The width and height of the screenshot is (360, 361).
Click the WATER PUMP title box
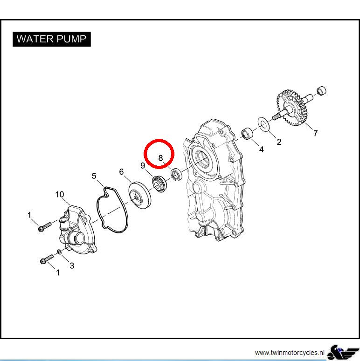pyautogui.click(x=52, y=39)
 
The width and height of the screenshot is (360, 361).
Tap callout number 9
pyautogui.click(x=143, y=165)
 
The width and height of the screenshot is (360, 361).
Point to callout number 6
pyautogui.click(x=121, y=172)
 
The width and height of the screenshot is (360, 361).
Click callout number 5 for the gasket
pyautogui.click(x=94, y=176)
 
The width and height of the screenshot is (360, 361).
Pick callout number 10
pyautogui.click(x=60, y=195)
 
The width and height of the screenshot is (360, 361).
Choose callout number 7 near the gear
pyautogui.click(x=316, y=133)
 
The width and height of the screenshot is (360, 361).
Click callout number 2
pyautogui.click(x=279, y=142)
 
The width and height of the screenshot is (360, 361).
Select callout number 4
pyautogui.click(x=261, y=150)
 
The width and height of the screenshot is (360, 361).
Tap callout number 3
pyautogui.click(x=72, y=266)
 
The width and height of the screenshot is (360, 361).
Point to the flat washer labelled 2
pyautogui.click(x=263, y=124)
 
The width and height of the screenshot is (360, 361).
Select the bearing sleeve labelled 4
pyautogui.click(x=247, y=133)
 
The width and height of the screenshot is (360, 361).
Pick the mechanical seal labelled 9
pyautogui.click(x=159, y=184)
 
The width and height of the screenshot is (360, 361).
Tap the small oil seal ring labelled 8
pyautogui.click(x=177, y=174)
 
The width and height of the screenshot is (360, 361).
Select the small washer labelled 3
pyautogui.click(x=59, y=252)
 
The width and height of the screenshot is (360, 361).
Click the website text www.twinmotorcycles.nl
pyautogui.click(x=290, y=353)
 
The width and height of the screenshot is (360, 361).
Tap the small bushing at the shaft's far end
pyautogui.click(x=321, y=90)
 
